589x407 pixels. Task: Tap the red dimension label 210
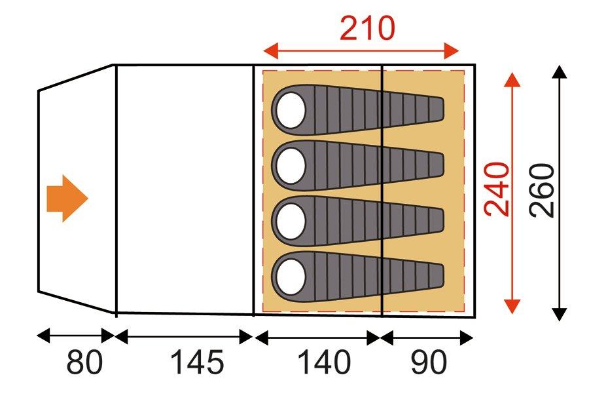[367, 28]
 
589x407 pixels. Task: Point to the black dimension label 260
[543, 190]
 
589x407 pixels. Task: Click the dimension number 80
[84, 362]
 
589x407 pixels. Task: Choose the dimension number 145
[198, 362]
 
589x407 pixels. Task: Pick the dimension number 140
[324, 362]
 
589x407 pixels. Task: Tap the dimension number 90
[430, 362]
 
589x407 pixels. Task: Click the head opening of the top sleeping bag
[289, 109]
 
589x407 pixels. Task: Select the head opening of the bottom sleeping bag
[289, 275]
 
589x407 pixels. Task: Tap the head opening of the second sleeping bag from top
[289, 165]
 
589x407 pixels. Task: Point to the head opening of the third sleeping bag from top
[289, 220]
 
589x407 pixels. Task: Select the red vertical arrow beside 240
[512, 190]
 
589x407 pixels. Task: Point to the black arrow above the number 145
[184, 337]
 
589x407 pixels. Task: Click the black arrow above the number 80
[76, 337]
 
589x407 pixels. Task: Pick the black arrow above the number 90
[426, 338]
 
